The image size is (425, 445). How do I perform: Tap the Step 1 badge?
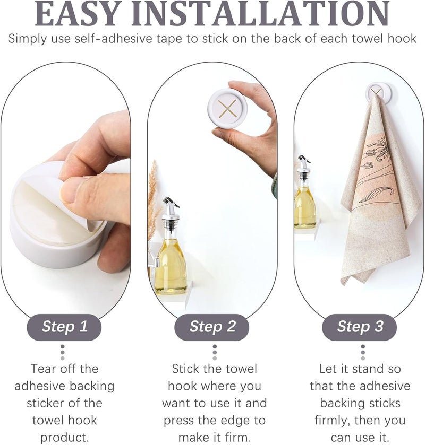64,327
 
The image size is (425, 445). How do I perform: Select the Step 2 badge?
212,327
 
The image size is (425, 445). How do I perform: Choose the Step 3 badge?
360,327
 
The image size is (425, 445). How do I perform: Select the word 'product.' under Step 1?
64,438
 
